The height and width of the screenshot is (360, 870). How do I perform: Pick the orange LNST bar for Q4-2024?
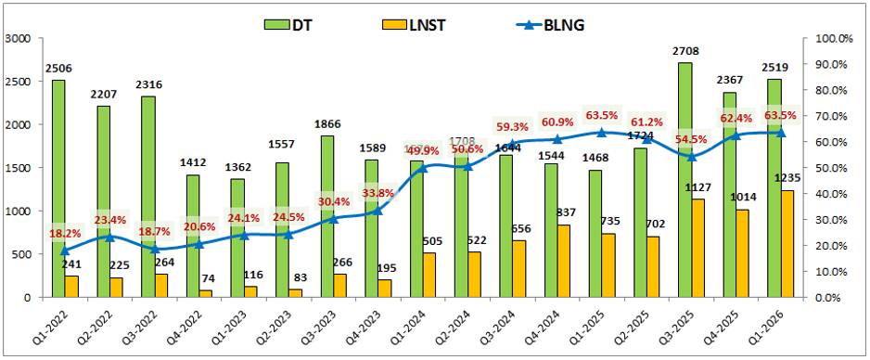click(564, 261)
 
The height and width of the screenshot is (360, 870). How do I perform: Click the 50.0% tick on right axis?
click(831, 168)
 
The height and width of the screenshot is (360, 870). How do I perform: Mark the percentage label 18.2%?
click(65, 233)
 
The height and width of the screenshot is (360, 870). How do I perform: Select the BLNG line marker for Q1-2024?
click(423, 168)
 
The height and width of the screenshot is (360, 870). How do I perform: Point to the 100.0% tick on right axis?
click(831, 38)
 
